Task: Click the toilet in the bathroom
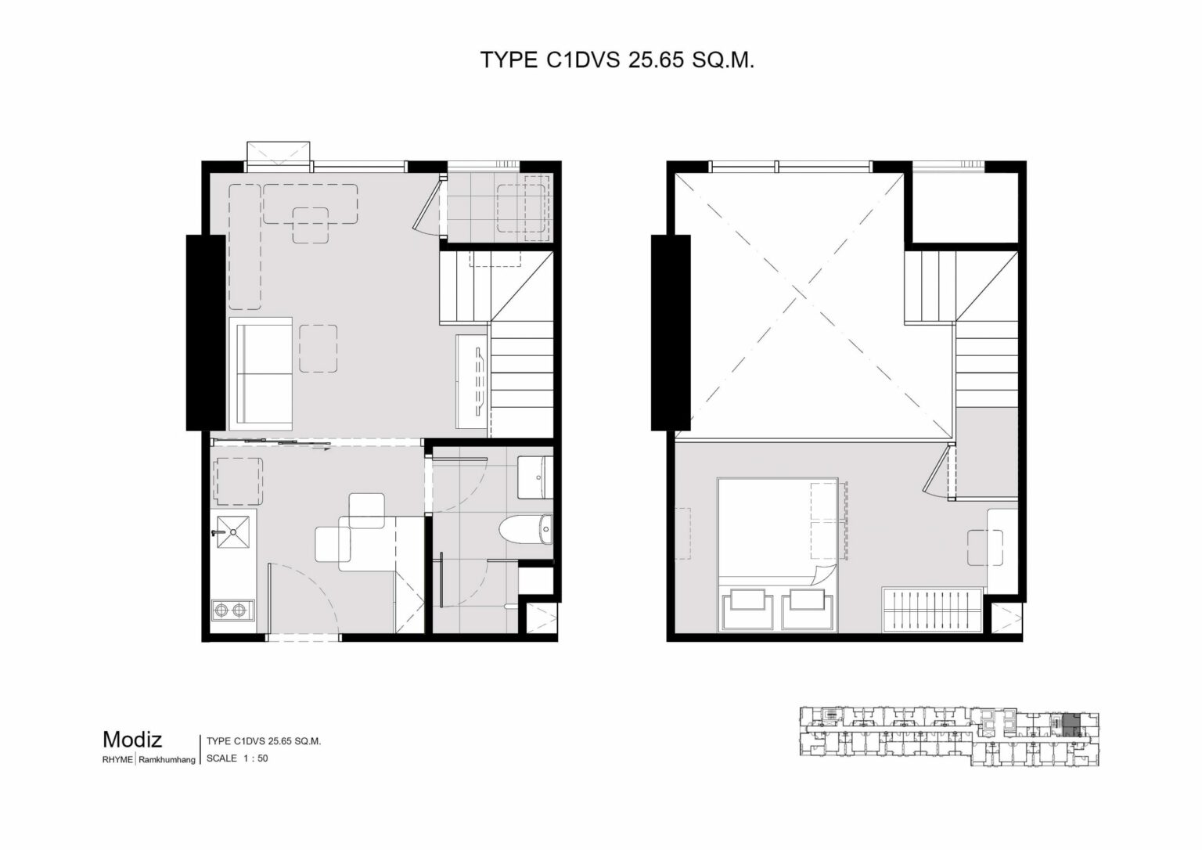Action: pos(526,530)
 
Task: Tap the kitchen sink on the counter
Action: pos(233,531)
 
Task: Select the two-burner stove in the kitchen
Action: pos(232,610)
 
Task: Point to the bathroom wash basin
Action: pos(535,477)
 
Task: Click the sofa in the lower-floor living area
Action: pos(261,373)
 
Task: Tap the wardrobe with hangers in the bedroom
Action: pos(933,610)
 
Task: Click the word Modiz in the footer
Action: pos(132,740)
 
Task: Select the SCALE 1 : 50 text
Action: pos(236,758)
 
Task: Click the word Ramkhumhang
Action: pos(167,760)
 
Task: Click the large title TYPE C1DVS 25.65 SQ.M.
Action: pos(617,60)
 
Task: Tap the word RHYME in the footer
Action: pos(117,759)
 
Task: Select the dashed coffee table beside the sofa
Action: pos(318,348)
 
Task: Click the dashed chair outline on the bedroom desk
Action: pos(986,547)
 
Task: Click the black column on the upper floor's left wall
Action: pos(671,333)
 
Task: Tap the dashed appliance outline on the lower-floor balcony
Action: pos(521,207)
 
